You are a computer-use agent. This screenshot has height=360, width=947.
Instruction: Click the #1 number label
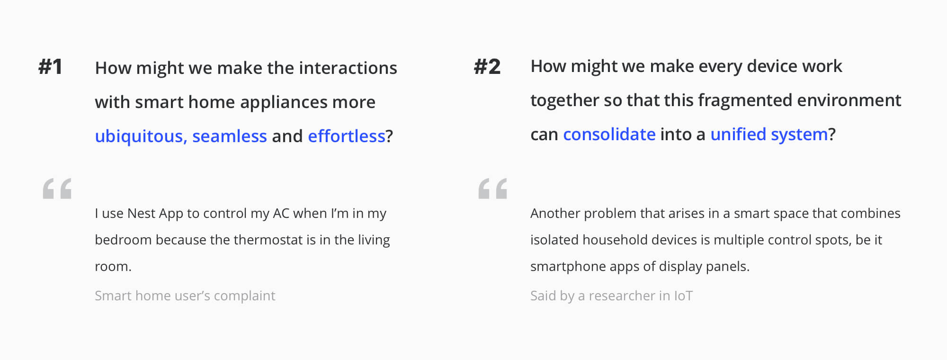coord(50,67)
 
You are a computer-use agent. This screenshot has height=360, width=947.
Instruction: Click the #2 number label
coord(487,67)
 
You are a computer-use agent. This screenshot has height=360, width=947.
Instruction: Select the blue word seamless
coord(230,136)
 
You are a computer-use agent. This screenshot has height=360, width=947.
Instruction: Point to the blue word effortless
coord(347,136)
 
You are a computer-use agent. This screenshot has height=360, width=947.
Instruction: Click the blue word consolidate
coord(609,135)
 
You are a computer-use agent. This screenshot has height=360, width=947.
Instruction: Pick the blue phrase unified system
coord(769,135)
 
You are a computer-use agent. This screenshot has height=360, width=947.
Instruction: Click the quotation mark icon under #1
coord(57,189)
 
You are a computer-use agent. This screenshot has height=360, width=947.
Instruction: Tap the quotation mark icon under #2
coord(493,189)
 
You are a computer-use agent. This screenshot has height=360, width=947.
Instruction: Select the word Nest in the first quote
coord(141,214)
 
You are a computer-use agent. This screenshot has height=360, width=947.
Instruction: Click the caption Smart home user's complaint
coord(185,296)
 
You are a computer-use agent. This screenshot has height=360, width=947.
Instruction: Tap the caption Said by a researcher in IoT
coord(611,296)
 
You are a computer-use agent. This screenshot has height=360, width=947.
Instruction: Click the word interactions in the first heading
coord(348,68)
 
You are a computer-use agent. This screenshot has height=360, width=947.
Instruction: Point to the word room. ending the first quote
coord(113,267)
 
